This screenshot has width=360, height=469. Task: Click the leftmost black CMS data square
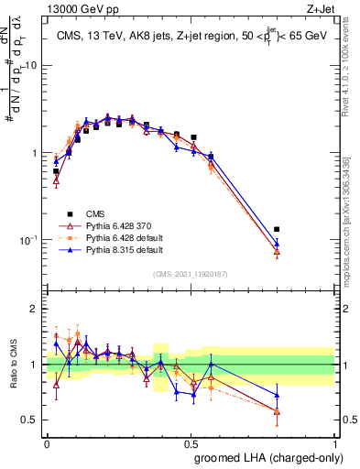click(x=56, y=171)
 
